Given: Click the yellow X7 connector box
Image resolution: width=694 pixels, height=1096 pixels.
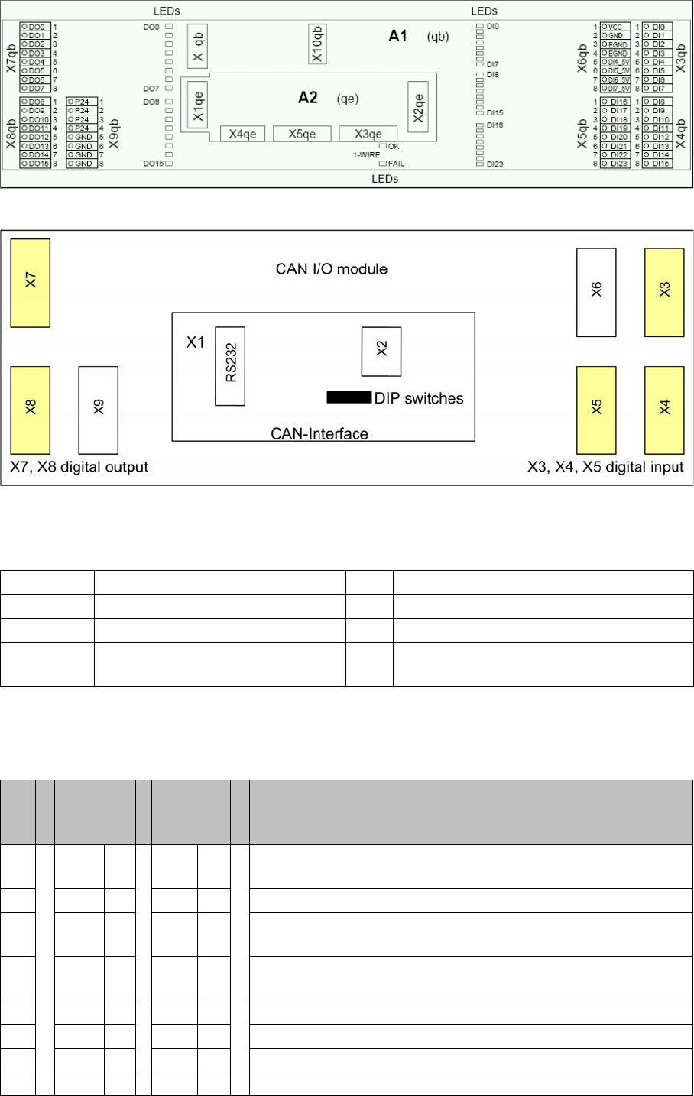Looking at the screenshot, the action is (30, 283).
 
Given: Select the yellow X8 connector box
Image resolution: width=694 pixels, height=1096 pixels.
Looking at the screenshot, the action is (30, 410).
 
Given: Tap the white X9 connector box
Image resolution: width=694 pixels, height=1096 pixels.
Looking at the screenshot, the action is (99, 410).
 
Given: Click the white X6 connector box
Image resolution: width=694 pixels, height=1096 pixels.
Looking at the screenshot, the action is (597, 292).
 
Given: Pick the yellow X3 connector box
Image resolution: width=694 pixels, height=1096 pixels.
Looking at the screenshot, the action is (665, 292).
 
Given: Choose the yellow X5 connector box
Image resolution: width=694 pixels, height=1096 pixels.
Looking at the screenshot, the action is (597, 410).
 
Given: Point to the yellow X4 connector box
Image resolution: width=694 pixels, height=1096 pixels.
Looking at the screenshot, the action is (665, 410).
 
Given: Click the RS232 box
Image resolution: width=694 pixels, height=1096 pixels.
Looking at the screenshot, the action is (230, 366).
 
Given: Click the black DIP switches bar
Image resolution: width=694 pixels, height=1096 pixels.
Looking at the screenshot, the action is (349, 397).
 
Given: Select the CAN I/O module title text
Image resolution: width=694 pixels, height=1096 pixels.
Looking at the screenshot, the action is (332, 269).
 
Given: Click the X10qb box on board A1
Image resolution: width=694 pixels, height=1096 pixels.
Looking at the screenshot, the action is (318, 44).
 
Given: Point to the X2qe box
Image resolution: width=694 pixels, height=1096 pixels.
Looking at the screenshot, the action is (418, 106).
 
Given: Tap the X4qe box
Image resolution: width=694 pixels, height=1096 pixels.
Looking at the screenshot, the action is (243, 134).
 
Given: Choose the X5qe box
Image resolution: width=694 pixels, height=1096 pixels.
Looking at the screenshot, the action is (302, 134).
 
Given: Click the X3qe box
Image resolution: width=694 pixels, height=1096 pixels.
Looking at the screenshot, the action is (368, 134).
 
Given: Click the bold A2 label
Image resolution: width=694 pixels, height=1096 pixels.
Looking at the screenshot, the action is (307, 98).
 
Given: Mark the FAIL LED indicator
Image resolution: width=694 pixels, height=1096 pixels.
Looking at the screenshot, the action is (382, 163).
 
